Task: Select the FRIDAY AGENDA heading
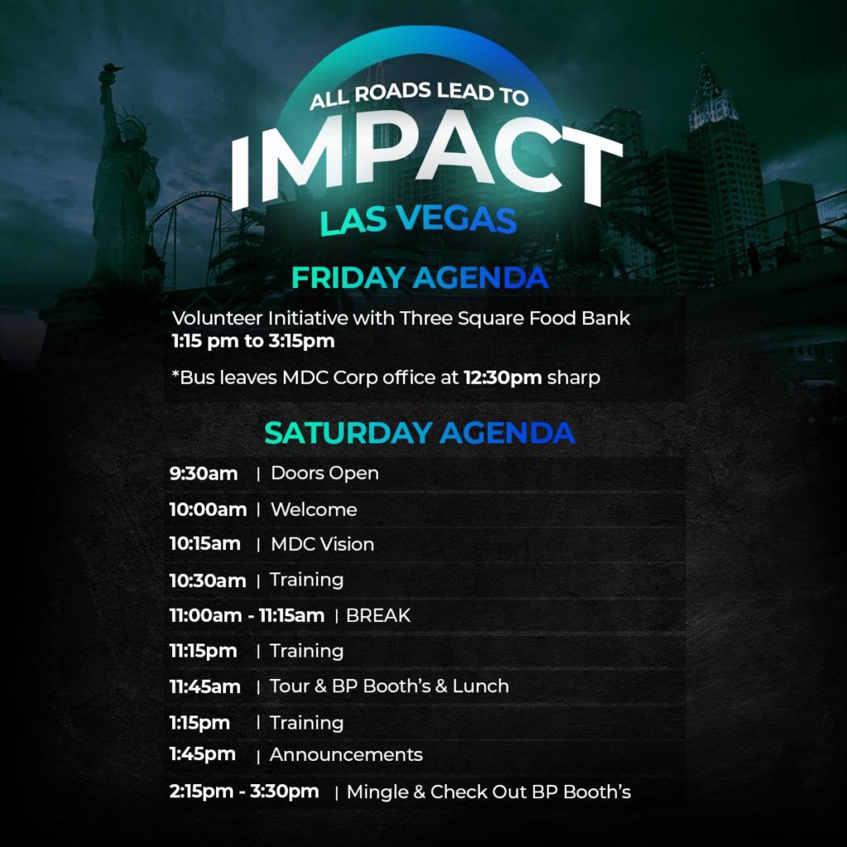point(419,278)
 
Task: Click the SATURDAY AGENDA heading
point(419,433)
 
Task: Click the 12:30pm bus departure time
point(502,377)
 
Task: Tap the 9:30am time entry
point(203,474)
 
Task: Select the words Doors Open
point(324,473)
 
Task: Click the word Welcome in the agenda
point(313,510)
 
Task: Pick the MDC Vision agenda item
point(323,544)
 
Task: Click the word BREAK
point(378,615)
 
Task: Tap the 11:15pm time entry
point(203,651)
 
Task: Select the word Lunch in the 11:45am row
point(481,686)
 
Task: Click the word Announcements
point(347,754)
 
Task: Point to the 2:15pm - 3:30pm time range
point(244,792)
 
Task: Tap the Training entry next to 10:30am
point(307,580)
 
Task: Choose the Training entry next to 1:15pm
point(307,723)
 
